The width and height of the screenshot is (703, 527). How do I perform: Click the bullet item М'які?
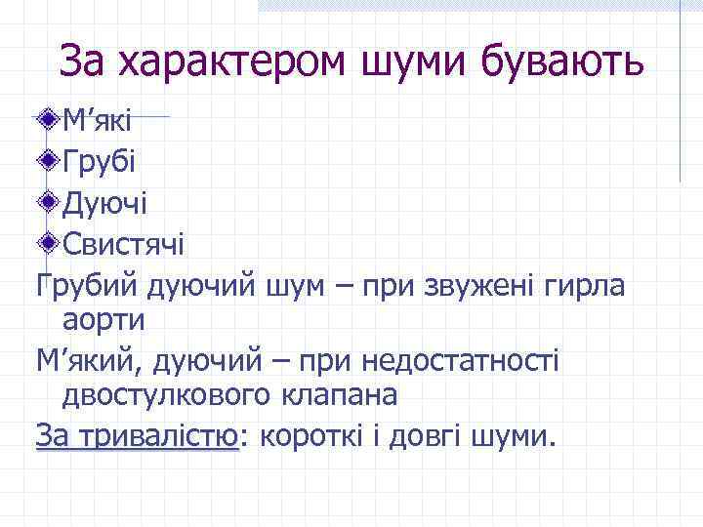[x=97, y=122]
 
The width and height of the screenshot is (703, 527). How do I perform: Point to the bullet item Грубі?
[x=100, y=161]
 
